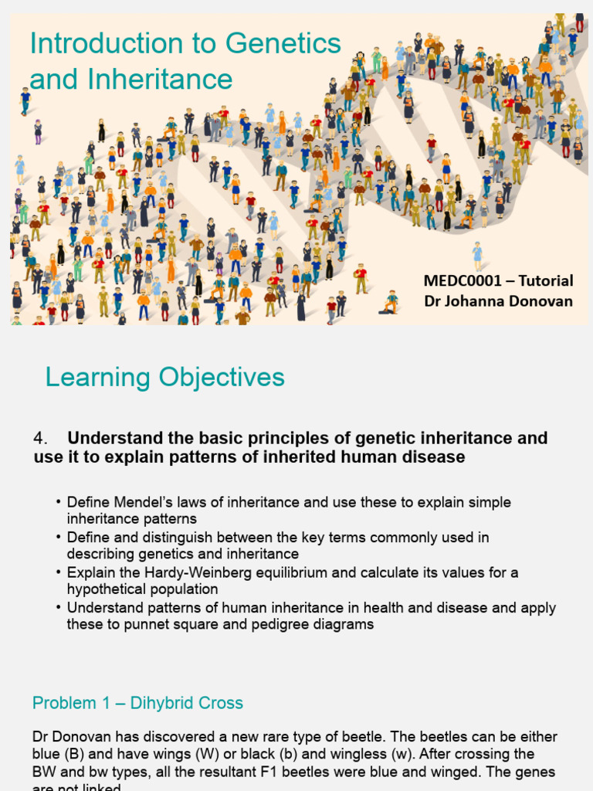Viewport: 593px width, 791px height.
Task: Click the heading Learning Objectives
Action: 164,377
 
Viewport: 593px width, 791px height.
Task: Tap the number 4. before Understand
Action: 41,438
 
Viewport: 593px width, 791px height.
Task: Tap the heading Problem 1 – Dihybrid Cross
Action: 137,703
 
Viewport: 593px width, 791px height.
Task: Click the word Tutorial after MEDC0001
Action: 545,280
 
